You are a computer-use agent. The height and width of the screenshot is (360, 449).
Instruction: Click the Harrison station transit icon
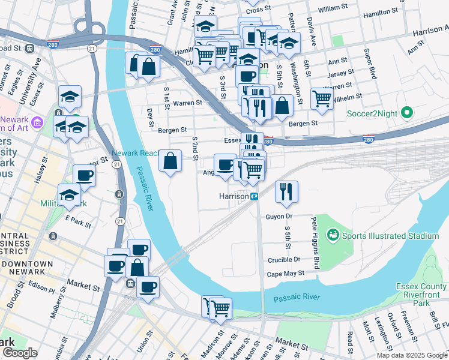pos(255,196)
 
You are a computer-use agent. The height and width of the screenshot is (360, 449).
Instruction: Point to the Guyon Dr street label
pos(280,215)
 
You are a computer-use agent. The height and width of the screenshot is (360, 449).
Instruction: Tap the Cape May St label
pos(285,273)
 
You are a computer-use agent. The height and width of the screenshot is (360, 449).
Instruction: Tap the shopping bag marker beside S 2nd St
pos(170,160)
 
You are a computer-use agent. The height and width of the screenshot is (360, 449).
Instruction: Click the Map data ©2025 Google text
pos(411,355)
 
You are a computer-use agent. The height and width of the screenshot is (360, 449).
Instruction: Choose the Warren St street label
pos(187,103)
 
